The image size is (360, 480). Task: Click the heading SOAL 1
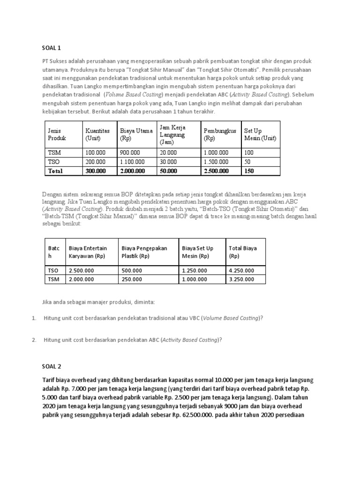tap(52, 48)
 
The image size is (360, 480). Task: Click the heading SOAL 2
tap(52, 366)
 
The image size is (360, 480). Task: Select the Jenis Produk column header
tap(57, 135)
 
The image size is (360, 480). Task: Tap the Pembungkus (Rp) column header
tap(219, 135)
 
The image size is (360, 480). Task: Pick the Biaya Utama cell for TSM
tap(130, 153)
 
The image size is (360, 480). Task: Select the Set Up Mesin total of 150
tap(249, 171)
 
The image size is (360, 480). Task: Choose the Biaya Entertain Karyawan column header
tap(88, 252)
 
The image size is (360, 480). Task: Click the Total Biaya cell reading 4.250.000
tap(241, 270)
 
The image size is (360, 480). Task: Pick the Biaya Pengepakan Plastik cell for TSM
tap(132, 279)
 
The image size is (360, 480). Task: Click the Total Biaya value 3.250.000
tap(241, 279)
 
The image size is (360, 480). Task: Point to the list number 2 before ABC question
tap(34, 340)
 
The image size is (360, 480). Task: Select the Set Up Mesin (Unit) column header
tap(260, 135)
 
